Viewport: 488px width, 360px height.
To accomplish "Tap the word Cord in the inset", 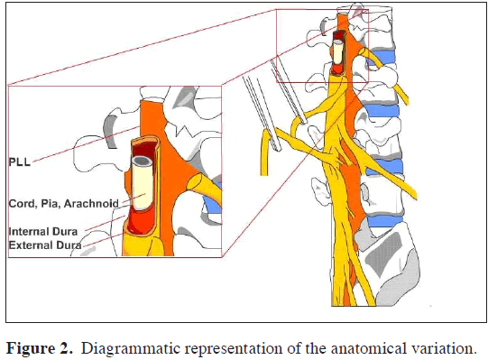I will pyautogui.click(x=22, y=202).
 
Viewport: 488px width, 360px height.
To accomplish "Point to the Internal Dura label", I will pyautogui.click(x=43, y=232).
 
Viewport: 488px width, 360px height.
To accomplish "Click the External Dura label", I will pyautogui.click(x=44, y=245).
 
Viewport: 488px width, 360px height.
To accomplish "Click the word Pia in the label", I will pyautogui.click(x=51, y=202).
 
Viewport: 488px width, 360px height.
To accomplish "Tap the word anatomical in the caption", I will pyautogui.click(x=373, y=346).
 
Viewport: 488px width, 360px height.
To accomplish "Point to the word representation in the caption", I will pyautogui.click(x=237, y=346).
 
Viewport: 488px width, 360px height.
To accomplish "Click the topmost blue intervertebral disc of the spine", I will pyautogui.click(x=380, y=60).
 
